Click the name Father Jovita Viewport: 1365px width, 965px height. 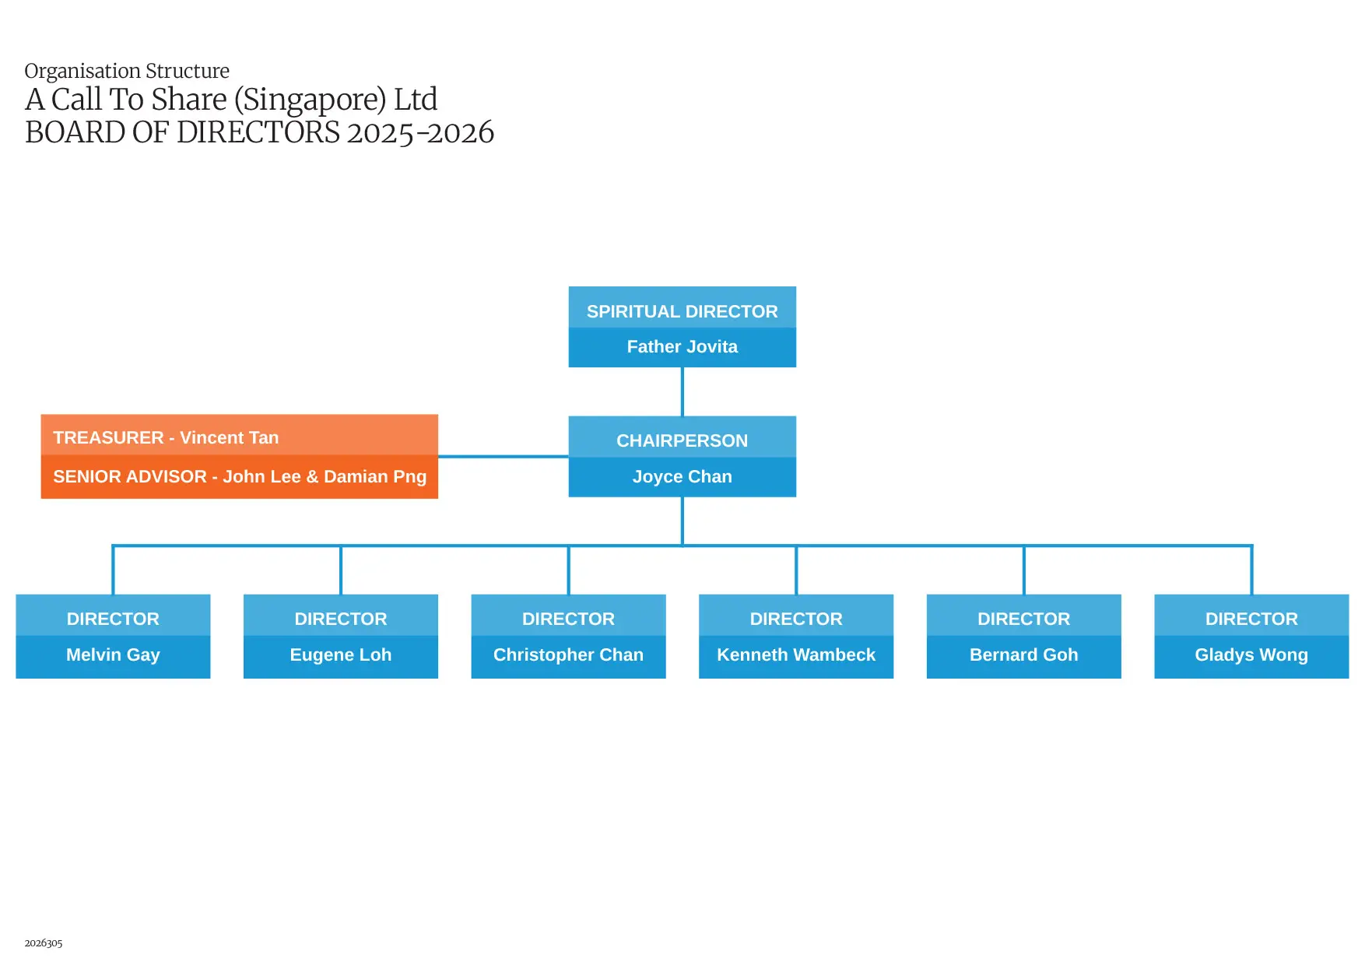(682, 347)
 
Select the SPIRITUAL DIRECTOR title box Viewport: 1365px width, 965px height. (682, 311)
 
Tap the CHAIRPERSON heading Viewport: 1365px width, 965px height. (682, 440)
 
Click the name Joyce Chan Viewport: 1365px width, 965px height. (682, 476)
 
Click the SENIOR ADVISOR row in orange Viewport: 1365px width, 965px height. (239, 476)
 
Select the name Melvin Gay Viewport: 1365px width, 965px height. (113, 655)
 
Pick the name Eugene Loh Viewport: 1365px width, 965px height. (341, 655)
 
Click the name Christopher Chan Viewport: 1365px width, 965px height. (568, 655)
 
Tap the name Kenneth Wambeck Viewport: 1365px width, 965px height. (795, 655)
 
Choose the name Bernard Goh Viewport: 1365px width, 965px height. (1023, 655)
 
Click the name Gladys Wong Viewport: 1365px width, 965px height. (1251, 655)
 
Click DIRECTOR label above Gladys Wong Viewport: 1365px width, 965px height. (1251, 619)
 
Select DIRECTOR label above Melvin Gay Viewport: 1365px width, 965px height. (113, 619)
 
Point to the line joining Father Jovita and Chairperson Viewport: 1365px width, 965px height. (682, 391)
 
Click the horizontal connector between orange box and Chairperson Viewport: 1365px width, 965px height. (503, 457)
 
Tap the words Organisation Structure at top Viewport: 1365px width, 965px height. (127, 71)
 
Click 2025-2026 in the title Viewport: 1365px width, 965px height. (420, 133)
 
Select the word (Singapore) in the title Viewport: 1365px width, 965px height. (310, 100)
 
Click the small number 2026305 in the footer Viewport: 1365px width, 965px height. (44, 942)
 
